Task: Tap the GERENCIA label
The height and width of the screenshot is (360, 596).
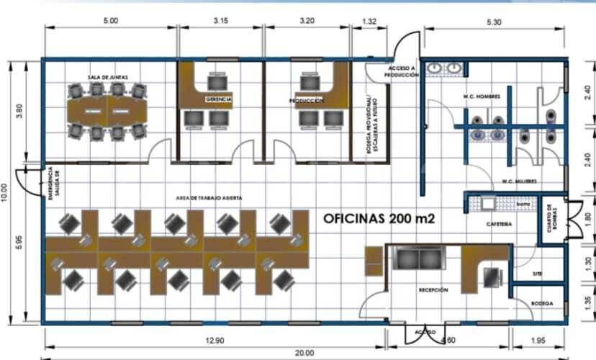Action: coord(219,99)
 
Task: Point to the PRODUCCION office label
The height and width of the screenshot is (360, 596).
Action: coord(306,102)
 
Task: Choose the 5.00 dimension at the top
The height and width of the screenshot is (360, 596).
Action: coord(110,22)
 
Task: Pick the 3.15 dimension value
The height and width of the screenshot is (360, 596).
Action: coord(220,22)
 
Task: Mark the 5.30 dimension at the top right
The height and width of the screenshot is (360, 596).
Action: coord(494,22)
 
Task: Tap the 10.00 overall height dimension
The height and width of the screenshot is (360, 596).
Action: coord(6,191)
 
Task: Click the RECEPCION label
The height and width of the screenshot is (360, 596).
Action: coord(433,289)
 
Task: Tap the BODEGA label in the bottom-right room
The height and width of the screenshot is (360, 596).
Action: coord(542,304)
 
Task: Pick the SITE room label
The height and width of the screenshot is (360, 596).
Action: coord(537,274)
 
